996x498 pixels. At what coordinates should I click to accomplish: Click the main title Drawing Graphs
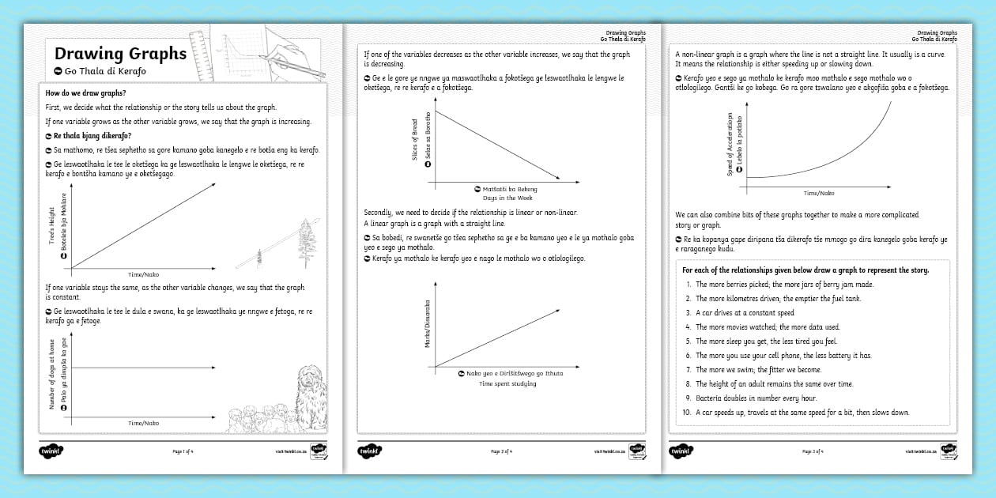tap(120, 54)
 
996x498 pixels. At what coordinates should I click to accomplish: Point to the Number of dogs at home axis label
tap(52, 375)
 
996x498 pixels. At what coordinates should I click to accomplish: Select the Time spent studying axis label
tap(507, 383)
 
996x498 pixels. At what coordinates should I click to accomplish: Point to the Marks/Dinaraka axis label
tap(427, 323)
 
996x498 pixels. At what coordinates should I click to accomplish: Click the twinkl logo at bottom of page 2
tap(369, 451)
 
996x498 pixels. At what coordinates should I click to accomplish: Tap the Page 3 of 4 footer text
tap(813, 451)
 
